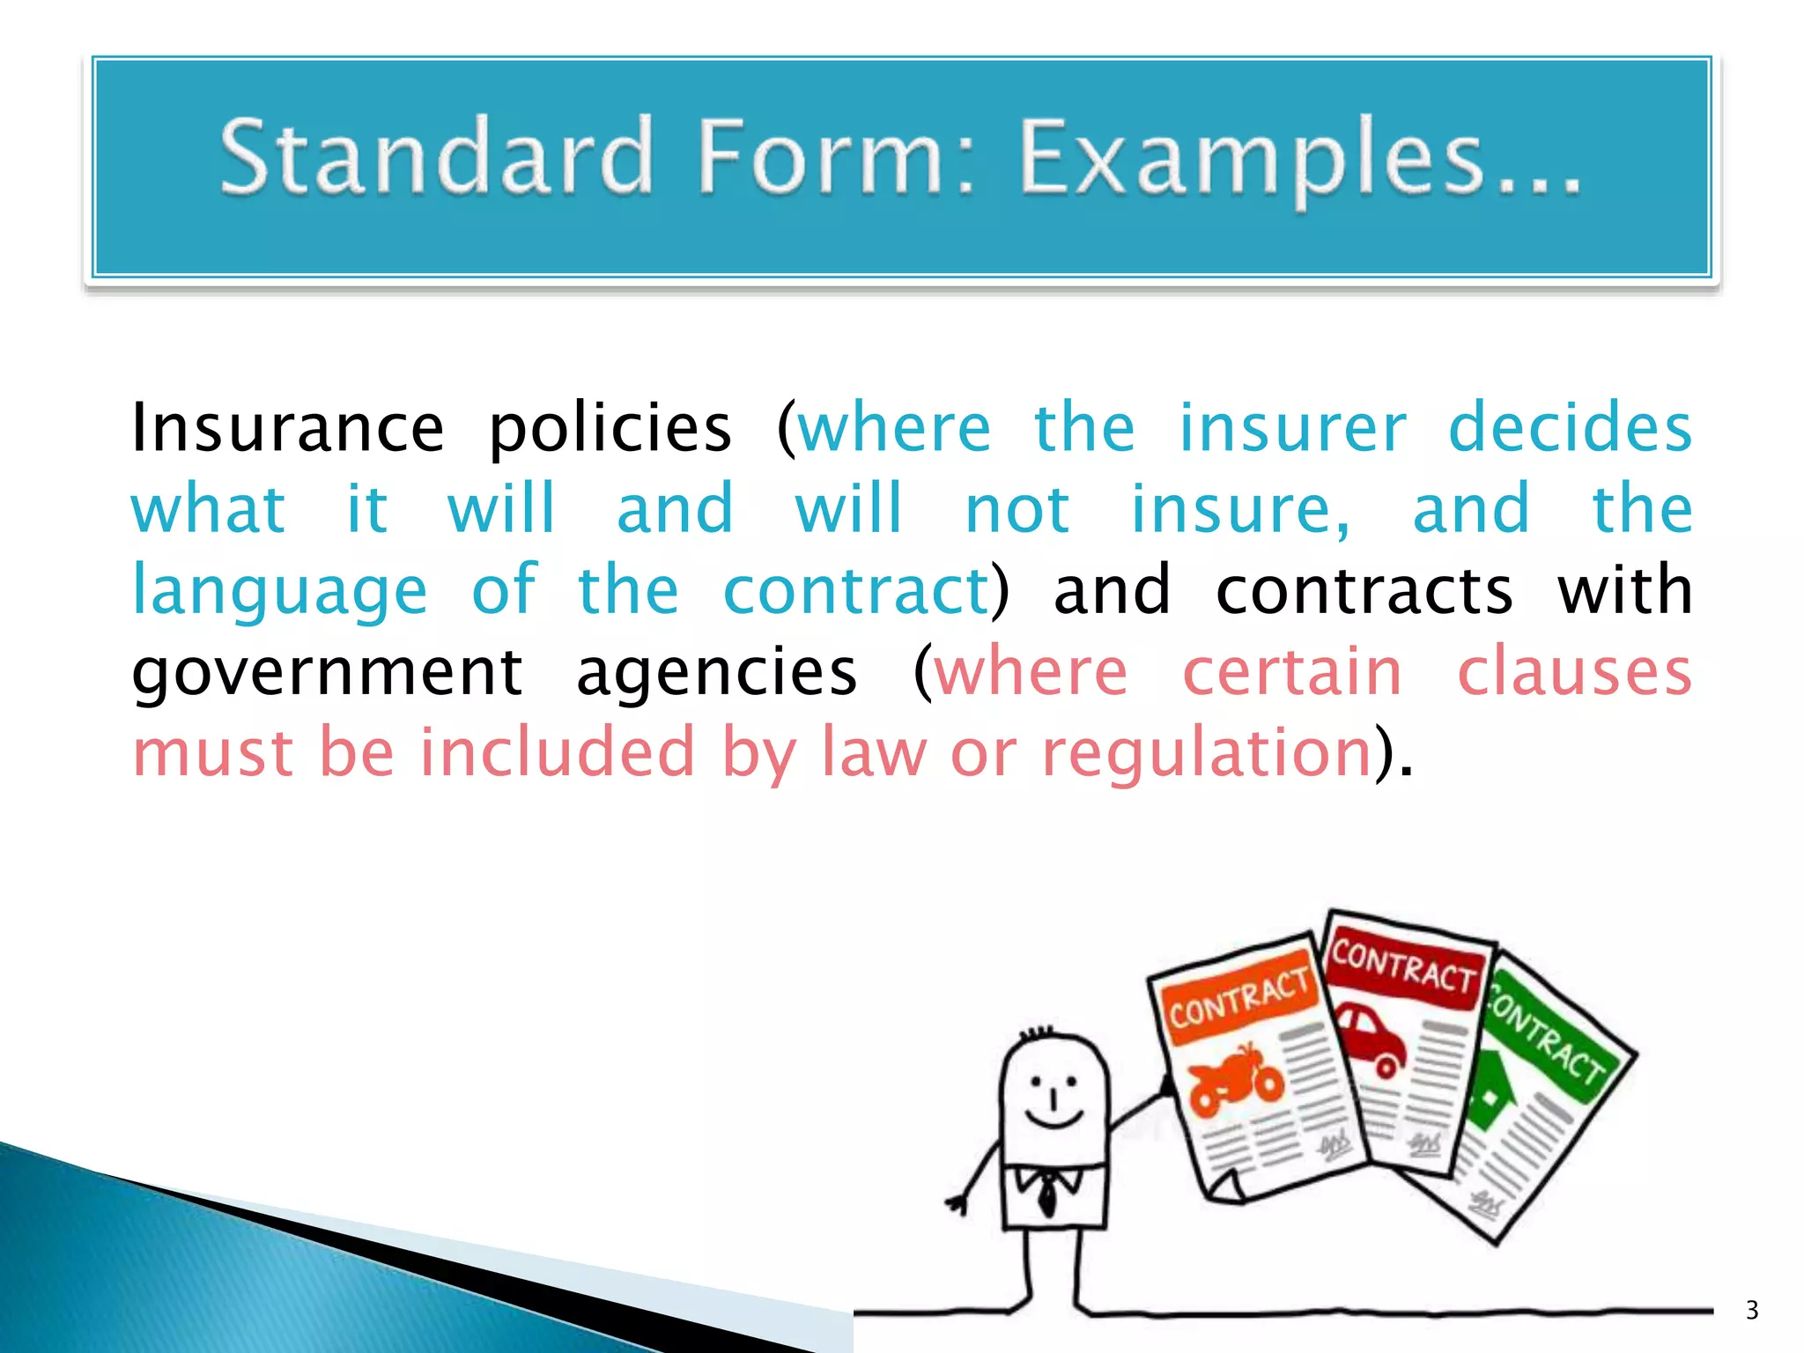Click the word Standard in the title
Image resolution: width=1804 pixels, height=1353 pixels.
click(436, 157)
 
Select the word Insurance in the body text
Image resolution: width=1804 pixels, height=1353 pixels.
click(287, 427)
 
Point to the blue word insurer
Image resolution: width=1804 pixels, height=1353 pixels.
click(1292, 427)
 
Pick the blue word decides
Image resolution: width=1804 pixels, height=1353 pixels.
click(1570, 427)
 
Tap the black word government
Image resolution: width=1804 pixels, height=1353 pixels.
click(327, 672)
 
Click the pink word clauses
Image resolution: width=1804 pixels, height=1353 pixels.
click(1574, 672)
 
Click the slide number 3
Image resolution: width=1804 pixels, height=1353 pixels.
click(1751, 1311)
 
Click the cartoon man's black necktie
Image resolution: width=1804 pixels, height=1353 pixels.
click(1047, 1194)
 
